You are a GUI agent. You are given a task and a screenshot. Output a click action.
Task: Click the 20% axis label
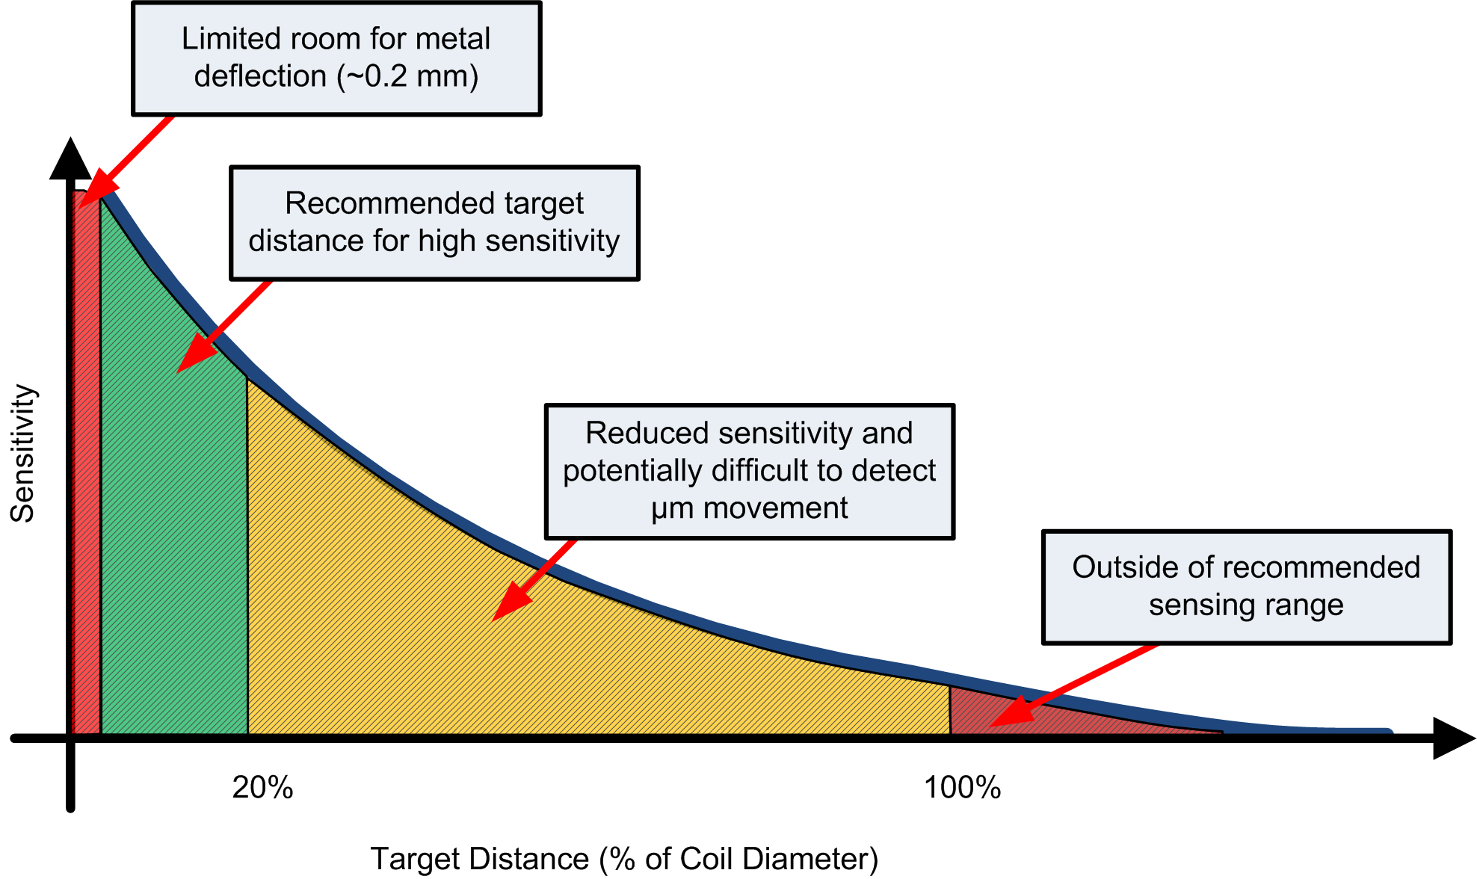click(262, 788)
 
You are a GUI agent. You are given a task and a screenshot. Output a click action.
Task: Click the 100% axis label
click(962, 788)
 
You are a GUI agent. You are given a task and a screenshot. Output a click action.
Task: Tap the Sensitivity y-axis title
click(22, 453)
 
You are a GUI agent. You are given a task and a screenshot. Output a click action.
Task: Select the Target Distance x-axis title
click(624, 859)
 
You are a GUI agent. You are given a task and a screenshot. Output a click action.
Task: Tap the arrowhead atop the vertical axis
click(70, 159)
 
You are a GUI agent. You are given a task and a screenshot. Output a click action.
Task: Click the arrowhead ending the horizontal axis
click(1452, 738)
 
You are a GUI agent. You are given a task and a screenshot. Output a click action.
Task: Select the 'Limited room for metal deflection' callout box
click(336, 58)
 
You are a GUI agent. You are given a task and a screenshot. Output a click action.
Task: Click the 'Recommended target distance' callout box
click(434, 223)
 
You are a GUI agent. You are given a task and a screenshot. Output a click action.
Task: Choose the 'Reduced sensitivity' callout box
click(750, 471)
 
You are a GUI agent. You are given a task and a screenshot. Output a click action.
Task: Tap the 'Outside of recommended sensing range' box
click(1246, 587)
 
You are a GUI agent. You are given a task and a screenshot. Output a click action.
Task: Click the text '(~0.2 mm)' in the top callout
click(410, 77)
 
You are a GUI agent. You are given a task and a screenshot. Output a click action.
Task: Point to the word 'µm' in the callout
click(673, 509)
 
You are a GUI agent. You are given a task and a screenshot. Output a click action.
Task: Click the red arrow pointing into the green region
click(224, 327)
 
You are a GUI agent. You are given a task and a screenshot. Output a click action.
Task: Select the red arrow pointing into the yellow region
click(534, 579)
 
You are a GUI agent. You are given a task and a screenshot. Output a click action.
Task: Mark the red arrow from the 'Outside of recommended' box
click(1076, 684)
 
